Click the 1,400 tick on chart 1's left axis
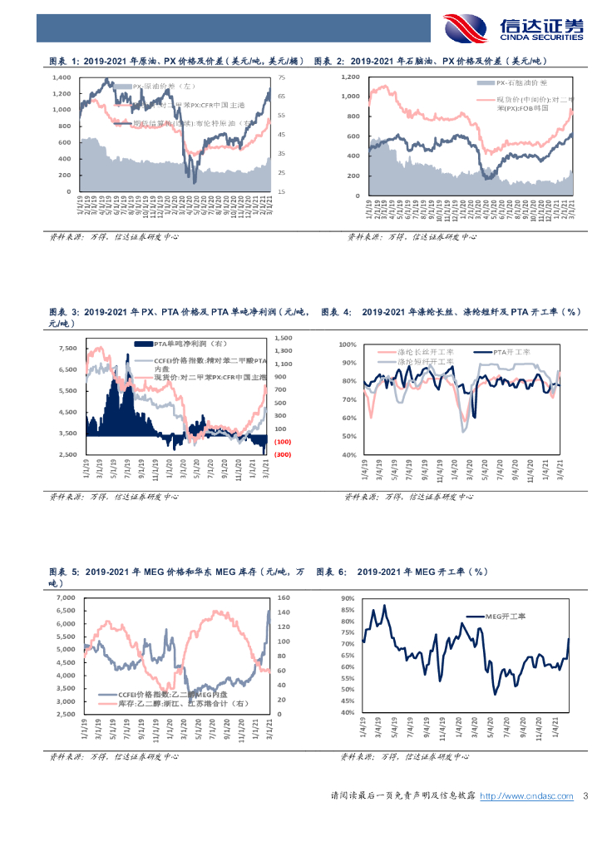click(x=63, y=77)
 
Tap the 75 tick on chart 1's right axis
click(x=281, y=77)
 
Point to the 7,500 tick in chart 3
click(x=67, y=348)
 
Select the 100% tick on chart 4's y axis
click(x=348, y=344)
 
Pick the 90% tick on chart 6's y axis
click(x=347, y=598)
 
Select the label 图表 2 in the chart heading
click(x=329, y=61)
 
